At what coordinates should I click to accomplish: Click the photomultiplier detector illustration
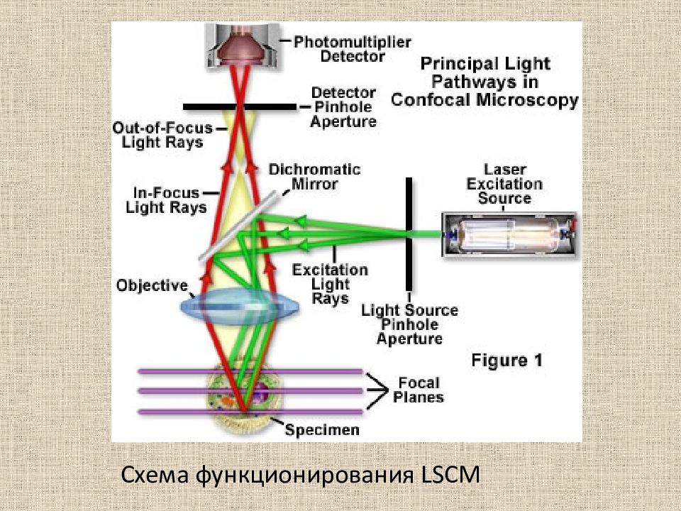point(241,45)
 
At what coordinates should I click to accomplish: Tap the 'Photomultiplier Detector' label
point(353,49)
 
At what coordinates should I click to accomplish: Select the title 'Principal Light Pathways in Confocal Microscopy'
point(485,82)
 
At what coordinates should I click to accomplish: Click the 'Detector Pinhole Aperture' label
point(343,107)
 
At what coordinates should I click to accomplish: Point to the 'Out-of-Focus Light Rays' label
point(163,135)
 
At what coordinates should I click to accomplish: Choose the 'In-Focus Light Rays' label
point(166,200)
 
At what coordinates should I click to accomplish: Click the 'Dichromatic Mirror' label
point(314,177)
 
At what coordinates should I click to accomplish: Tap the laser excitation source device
point(510,235)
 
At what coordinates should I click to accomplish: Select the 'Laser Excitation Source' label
point(504,184)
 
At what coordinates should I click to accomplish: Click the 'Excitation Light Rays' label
point(330,284)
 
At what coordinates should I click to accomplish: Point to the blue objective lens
point(240,306)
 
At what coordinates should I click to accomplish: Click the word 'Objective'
point(152,285)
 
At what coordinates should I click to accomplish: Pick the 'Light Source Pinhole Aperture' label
point(409,324)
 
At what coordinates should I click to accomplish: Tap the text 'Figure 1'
point(506,361)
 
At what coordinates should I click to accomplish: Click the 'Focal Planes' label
point(419,390)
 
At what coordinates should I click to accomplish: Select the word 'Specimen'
point(322,430)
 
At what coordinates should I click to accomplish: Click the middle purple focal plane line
point(250,391)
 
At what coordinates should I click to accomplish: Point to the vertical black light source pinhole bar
point(409,234)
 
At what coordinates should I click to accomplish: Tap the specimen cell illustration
point(244,397)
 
